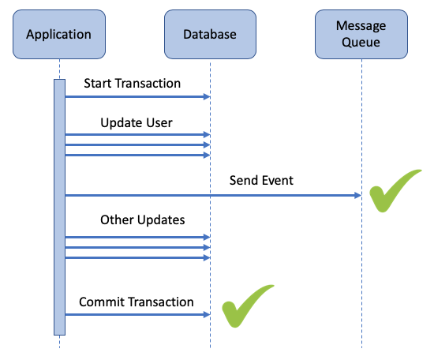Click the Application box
[59, 34]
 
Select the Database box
[210, 34]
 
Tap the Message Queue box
[361, 34]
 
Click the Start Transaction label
[133, 84]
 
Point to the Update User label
[137, 123]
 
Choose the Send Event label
[261, 180]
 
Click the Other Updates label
[143, 220]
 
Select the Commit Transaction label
[137, 302]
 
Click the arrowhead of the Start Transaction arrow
[207, 96]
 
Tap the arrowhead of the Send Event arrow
[358, 196]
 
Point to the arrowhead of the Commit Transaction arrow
[207, 314]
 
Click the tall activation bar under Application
[59, 207]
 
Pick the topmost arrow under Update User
[137, 135]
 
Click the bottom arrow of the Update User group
[137, 155]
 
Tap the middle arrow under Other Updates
[137, 248]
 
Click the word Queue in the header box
[361, 43]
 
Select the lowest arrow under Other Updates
[137, 258]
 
